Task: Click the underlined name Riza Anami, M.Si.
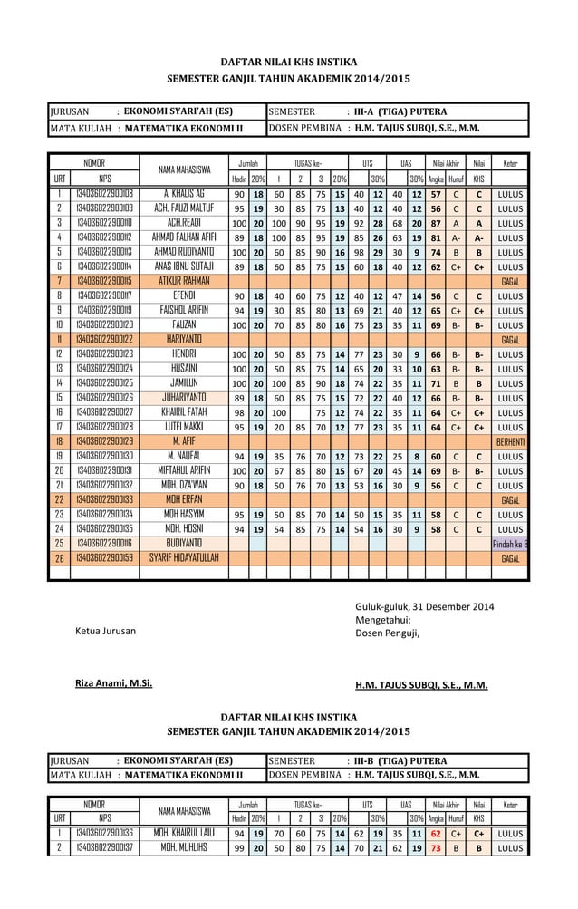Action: pyautogui.click(x=113, y=684)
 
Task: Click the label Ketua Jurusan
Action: pyautogui.click(x=106, y=631)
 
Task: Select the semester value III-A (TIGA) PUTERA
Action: pyautogui.click(x=400, y=112)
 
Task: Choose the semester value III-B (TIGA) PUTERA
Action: pyautogui.click(x=400, y=759)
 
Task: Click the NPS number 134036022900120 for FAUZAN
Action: pyautogui.click(x=104, y=324)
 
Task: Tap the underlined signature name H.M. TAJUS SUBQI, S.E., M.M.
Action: pyautogui.click(x=421, y=685)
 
